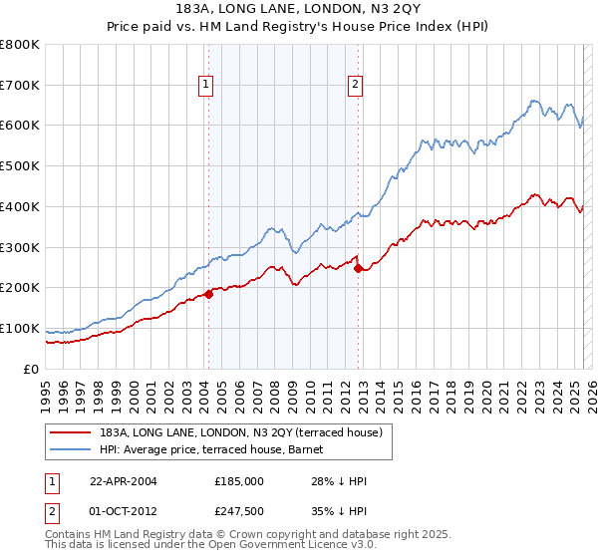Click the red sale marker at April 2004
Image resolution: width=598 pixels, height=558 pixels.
[x=209, y=293]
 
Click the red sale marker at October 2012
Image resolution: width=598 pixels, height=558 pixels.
[x=358, y=268]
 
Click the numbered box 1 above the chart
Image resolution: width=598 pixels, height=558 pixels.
[x=205, y=86]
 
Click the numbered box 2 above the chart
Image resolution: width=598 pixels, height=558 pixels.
[x=355, y=86]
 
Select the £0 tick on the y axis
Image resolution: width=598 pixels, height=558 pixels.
[x=33, y=369]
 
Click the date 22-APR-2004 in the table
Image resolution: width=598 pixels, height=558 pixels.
[x=123, y=481]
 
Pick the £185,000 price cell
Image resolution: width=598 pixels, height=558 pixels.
[x=237, y=481]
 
